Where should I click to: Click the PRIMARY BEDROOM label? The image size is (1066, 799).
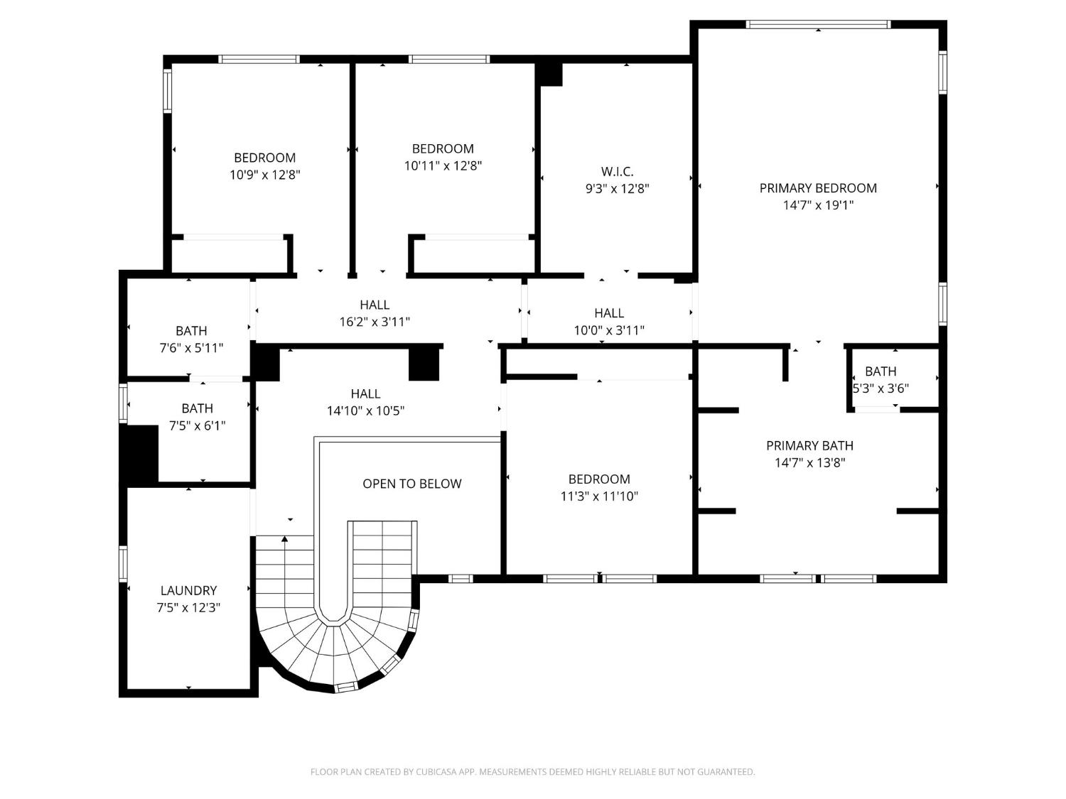(818, 188)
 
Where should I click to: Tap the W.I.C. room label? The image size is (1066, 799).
(617, 172)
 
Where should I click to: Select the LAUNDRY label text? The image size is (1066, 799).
(188, 590)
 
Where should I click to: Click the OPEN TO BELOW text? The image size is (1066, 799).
(412, 484)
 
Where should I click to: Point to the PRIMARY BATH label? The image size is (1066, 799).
(809, 445)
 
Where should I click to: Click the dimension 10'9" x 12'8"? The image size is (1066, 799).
(265, 175)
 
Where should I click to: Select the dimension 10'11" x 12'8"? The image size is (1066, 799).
(443, 165)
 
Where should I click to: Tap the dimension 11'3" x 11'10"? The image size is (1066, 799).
(599, 496)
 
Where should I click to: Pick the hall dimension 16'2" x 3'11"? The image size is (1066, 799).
(375, 322)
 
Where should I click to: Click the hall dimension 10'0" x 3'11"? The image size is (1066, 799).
(609, 330)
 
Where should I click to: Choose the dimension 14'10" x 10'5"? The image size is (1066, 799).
(365, 411)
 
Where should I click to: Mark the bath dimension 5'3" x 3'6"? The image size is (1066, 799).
(881, 388)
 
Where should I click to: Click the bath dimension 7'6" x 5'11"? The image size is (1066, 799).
(191, 348)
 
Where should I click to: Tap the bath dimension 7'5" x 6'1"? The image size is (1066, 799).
(197, 426)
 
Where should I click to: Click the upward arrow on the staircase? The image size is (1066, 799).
(284, 540)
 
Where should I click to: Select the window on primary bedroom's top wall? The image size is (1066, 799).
(818, 24)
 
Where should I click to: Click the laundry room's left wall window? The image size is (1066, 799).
(123, 563)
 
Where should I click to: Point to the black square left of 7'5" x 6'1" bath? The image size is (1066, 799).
(141, 455)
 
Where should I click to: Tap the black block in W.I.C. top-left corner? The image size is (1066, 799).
(551, 74)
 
